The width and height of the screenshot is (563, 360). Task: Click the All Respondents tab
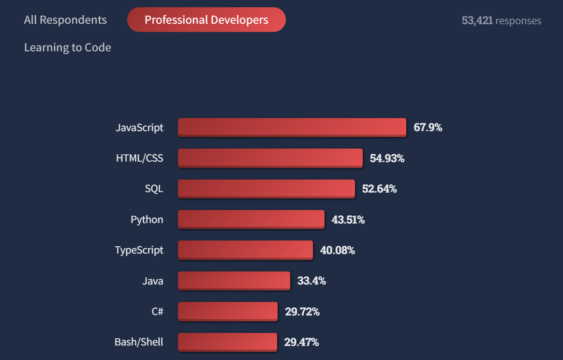coord(65,20)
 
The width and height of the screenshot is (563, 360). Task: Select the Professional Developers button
coord(207,20)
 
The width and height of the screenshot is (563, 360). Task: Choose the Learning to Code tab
coord(68,47)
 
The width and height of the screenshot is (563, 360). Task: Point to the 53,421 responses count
coord(501,21)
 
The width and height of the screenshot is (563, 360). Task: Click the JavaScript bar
coord(292,128)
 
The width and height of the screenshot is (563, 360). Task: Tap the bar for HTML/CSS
coord(270,158)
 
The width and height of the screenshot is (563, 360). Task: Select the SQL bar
coord(266,189)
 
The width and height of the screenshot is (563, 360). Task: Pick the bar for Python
coord(251,220)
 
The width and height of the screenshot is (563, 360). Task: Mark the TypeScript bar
coord(245,250)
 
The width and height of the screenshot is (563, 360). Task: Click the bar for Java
coord(234,281)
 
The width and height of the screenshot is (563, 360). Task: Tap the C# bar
coord(227,312)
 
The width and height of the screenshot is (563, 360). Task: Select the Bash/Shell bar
coord(227,342)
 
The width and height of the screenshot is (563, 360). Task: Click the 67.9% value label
coord(428,128)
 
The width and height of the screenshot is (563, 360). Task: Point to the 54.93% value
coord(387,158)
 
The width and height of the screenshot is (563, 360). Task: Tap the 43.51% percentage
coord(348,220)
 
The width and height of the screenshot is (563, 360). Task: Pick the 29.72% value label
coord(302,312)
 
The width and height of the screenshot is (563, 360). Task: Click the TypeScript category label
coord(139,250)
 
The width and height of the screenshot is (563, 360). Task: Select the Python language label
coord(147,220)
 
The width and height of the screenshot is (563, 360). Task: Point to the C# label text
coord(157,312)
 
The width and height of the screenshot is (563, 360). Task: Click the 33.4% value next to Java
coord(311,281)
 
